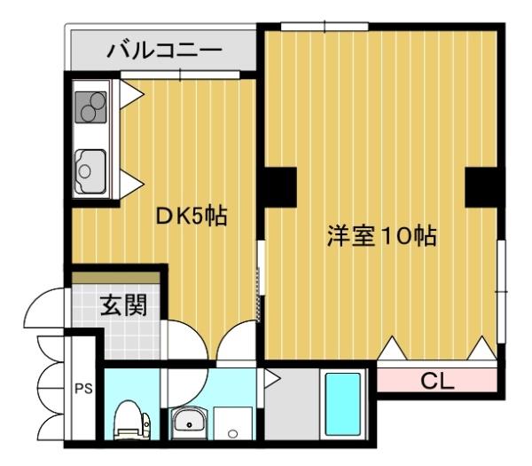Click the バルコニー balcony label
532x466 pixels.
click(165, 50)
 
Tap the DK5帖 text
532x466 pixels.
click(192, 216)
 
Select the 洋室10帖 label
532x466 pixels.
click(381, 237)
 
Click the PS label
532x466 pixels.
click(82, 388)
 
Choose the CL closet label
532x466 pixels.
click(436, 383)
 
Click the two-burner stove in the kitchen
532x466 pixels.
click(91, 106)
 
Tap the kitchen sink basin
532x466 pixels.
click(90, 166)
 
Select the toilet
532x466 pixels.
click(129, 419)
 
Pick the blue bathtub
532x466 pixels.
click(342, 405)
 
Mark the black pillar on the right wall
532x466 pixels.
click(484, 186)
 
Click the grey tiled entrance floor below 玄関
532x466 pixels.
click(120, 337)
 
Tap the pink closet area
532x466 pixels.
click(436, 382)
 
